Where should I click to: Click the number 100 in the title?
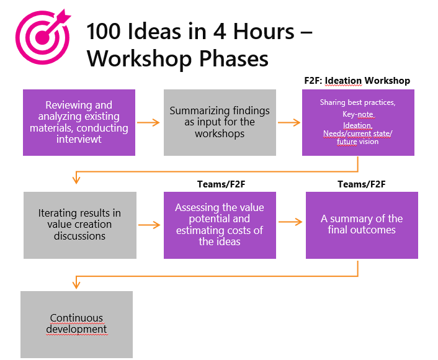tap(103, 31)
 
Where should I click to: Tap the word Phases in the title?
tap(233, 59)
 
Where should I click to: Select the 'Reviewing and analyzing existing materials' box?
tap(79, 122)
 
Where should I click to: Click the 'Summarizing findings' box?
tap(220, 122)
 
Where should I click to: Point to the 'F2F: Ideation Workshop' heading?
tap(357, 81)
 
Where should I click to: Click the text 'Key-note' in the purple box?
tap(358, 114)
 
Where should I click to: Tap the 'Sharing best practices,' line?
tap(357, 102)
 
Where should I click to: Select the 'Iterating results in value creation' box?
tap(80, 225)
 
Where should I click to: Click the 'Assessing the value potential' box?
tap(220, 225)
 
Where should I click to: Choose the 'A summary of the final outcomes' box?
tap(362, 225)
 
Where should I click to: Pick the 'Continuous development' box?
tap(76, 325)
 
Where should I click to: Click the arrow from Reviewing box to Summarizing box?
tap(148, 122)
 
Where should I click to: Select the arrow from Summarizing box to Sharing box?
tap(289, 122)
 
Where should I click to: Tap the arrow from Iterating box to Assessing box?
tap(149, 225)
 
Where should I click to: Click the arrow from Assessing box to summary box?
tap(290, 222)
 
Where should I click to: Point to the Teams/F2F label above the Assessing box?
tap(221, 184)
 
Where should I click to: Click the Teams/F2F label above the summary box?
tap(362, 184)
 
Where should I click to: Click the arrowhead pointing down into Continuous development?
tap(76, 284)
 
